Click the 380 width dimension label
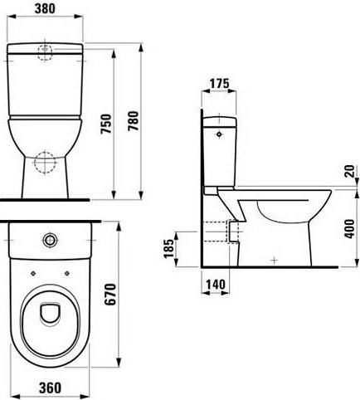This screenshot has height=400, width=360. pyautogui.click(x=45, y=8)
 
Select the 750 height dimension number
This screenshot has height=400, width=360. pyautogui.click(x=106, y=124)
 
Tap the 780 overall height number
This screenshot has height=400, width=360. pyautogui.click(x=133, y=121)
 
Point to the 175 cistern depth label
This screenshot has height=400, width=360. pyautogui.click(x=219, y=83)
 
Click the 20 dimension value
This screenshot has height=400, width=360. pyautogui.click(x=350, y=171)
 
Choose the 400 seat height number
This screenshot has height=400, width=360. pyautogui.click(x=350, y=229)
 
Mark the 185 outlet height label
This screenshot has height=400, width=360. pyautogui.click(x=169, y=248)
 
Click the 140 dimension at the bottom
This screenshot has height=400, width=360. pyautogui.click(x=216, y=284)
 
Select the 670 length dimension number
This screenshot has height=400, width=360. pyautogui.click(x=110, y=294)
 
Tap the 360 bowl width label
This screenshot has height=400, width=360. pyautogui.click(x=50, y=388)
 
